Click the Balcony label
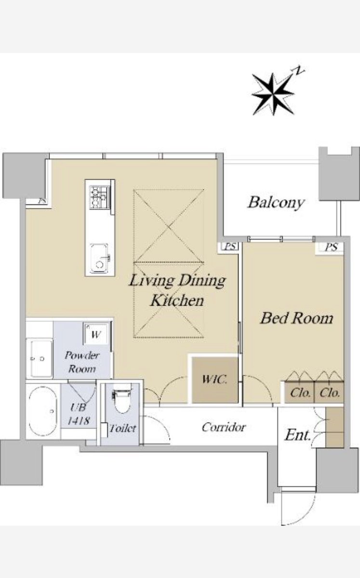tap(276, 203)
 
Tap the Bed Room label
tap(297, 318)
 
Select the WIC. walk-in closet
tap(215, 380)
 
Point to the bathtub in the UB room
tap(43, 411)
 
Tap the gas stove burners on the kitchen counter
tap(99, 197)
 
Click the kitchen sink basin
tap(99, 258)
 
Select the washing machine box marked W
tap(96, 334)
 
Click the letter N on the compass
tap(299, 70)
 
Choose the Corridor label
tap(224, 427)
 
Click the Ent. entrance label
tap(297, 435)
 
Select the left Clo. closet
tap(299, 392)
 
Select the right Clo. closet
tap(329, 392)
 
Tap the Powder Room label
tap(82, 362)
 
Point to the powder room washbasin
tap(41, 359)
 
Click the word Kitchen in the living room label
tap(177, 301)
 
